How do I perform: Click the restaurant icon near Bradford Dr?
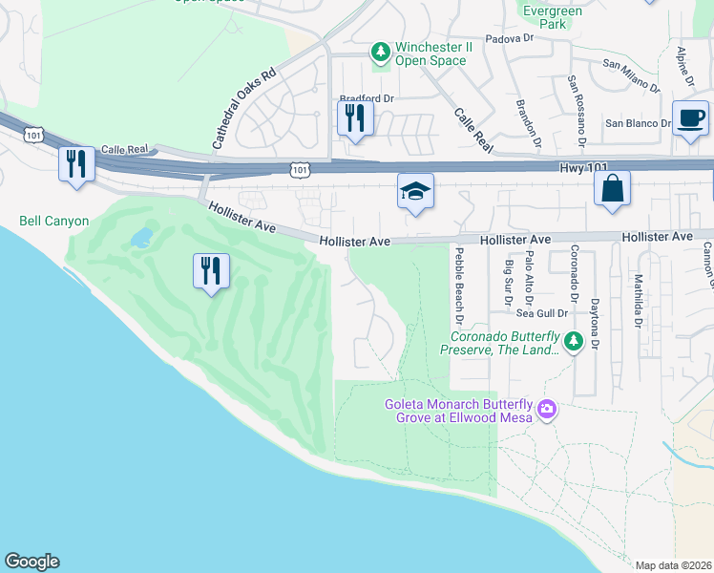[x=355, y=118]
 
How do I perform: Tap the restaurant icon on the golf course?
[x=211, y=270]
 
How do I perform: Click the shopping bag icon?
[x=612, y=188]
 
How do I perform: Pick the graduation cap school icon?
[x=415, y=191]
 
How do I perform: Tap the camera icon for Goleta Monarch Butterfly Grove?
[x=546, y=409]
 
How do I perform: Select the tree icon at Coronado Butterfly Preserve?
[x=573, y=340]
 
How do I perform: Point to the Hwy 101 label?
[x=584, y=167]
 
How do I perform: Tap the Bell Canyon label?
[x=53, y=222]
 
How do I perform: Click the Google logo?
[x=31, y=562]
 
